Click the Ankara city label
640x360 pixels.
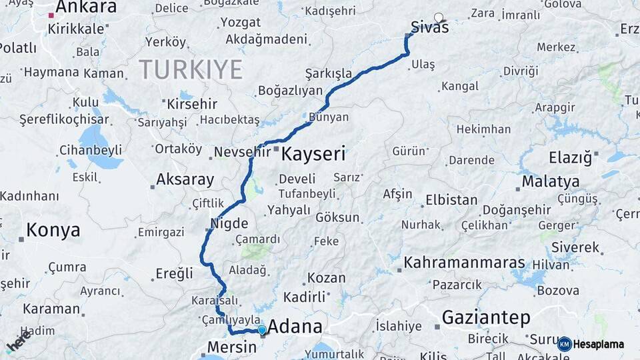86,7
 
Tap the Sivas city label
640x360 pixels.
429,28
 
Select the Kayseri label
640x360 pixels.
313,155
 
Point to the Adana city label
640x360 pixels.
295,327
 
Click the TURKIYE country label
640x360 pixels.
191,69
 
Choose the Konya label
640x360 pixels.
53,231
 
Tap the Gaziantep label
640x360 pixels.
486,317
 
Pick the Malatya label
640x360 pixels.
550,181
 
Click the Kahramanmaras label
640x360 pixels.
464,263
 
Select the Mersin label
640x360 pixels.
231,347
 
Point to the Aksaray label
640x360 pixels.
185,179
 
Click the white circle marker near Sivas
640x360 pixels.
438,17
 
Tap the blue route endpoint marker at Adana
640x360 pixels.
262,330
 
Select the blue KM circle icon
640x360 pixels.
565,344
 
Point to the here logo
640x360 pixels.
18,342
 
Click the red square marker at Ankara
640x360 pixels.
51,15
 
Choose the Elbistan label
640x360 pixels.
451,200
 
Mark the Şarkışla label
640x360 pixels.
328,73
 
